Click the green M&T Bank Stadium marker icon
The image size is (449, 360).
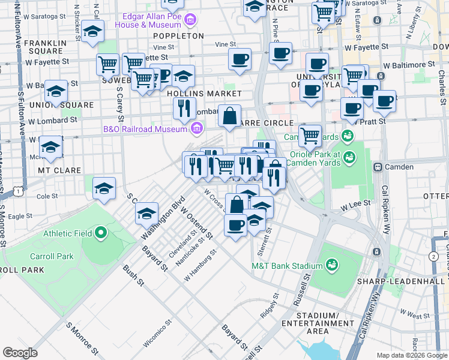point(331,265)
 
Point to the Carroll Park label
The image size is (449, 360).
point(52,256)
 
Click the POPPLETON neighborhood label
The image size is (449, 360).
point(178,36)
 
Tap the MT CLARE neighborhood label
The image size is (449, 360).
point(59,170)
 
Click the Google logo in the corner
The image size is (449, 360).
point(20,352)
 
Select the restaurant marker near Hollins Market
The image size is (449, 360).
point(184,108)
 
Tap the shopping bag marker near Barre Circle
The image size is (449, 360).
point(229,116)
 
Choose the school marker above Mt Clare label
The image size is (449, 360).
point(50,147)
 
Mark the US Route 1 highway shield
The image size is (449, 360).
point(20,190)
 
